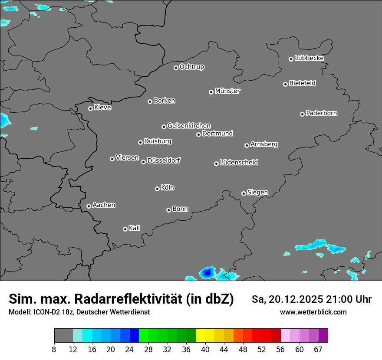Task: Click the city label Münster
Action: pyautogui.click(x=227, y=91)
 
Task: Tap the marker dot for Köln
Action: pyautogui.click(x=157, y=189)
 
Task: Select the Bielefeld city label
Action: pyautogui.click(x=302, y=83)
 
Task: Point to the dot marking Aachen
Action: pyautogui.click(x=89, y=206)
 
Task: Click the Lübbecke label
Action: pyautogui.click(x=309, y=58)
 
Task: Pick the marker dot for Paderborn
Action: pyautogui.click(x=302, y=114)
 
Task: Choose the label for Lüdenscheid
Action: pyautogui.click(x=239, y=163)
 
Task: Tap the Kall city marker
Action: pyautogui.click(x=125, y=229)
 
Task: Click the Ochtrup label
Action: pyautogui.click(x=192, y=67)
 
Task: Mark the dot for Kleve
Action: pyautogui.click(x=90, y=108)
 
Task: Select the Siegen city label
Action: pyautogui.click(x=257, y=193)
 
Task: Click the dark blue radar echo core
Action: pyautogui.click(x=207, y=272)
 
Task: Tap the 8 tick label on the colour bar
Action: pyautogui.click(x=54, y=350)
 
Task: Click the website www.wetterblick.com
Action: pyautogui.click(x=313, y=312)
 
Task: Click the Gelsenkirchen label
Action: pyautogui.click(x=189, y=126)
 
